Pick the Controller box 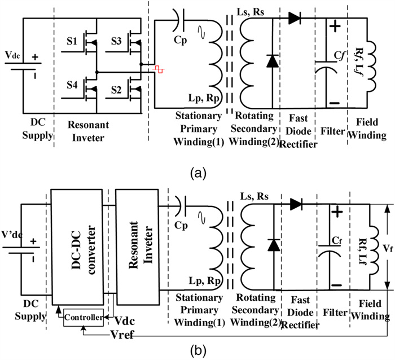tap(83, 318)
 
